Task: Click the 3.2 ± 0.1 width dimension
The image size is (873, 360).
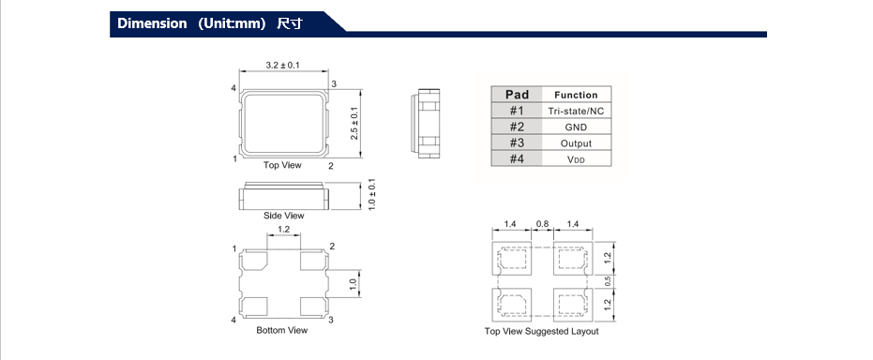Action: pyautogui.click(x=283, y=66)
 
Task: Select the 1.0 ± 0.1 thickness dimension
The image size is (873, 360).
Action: pyautogui.click(x=372, y=194)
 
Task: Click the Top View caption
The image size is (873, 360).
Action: pyautogui.click(x=282, y=165)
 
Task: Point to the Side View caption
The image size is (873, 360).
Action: pyautogui.click(x=284, y=216)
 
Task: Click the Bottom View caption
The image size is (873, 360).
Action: pyautogui.click(x=281, y=331)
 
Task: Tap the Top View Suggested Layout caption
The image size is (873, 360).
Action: pyautogui.click(x=542, y=332)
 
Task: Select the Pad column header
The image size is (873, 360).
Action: pyautogui.click(x=517, y=95)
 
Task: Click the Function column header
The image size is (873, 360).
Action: pyautogui.click(x=576, y=95)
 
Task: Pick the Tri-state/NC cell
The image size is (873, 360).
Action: pyautogui.click(x=576, y=112)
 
